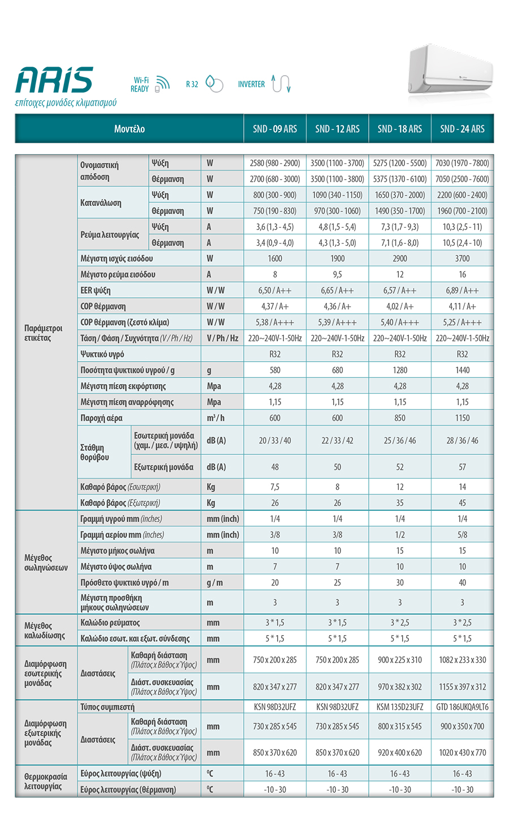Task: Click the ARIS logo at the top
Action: coord(54,80)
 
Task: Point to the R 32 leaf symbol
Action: coord(214,84)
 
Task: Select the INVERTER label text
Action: coord(251,84)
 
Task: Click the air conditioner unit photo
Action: coord(450,71)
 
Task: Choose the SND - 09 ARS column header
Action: coord(275,129)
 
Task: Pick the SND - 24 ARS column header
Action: coord(462,129)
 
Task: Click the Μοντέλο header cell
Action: coord(130,129)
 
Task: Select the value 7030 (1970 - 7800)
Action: coord(462,163)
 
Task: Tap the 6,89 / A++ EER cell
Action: coord(462,290)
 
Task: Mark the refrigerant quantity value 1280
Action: coord(400,370)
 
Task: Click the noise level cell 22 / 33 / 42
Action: coord(337,441)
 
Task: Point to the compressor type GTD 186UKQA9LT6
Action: coord(462,707)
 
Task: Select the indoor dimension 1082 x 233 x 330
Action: coord(462,660)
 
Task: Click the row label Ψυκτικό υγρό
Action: coord(102,354)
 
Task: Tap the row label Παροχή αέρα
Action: coord(101,418)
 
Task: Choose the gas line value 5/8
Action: coord(462,535)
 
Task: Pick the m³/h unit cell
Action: coord(215,418)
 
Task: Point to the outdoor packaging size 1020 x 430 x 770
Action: coord(462,753)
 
